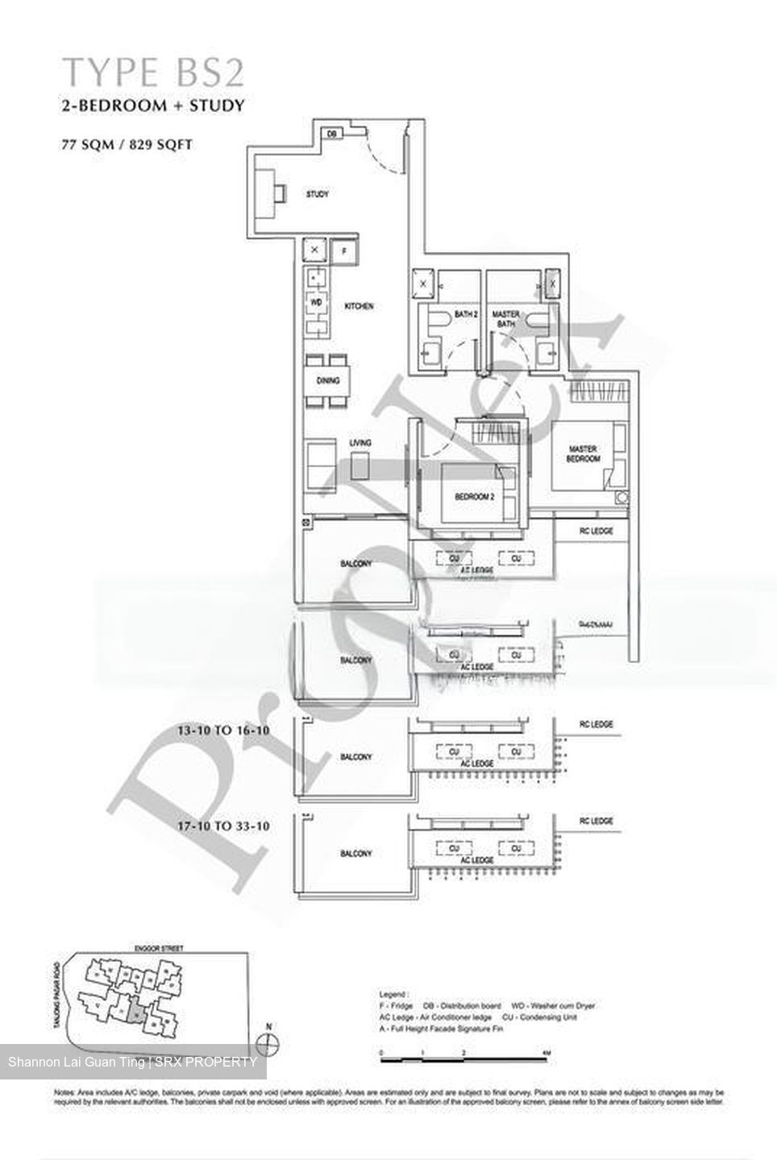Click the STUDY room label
[318, 194]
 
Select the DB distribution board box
[330, 134]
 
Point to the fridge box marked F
[344, 251]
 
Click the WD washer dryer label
[317, 302]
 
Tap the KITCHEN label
[359, 307]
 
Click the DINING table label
[328, 381]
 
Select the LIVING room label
[360, 443]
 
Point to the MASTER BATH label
[506, 319]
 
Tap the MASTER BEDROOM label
[584, 454]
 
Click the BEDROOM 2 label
[474, 498]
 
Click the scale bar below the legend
[464, 1053]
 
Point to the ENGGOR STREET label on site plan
[160, 949]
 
